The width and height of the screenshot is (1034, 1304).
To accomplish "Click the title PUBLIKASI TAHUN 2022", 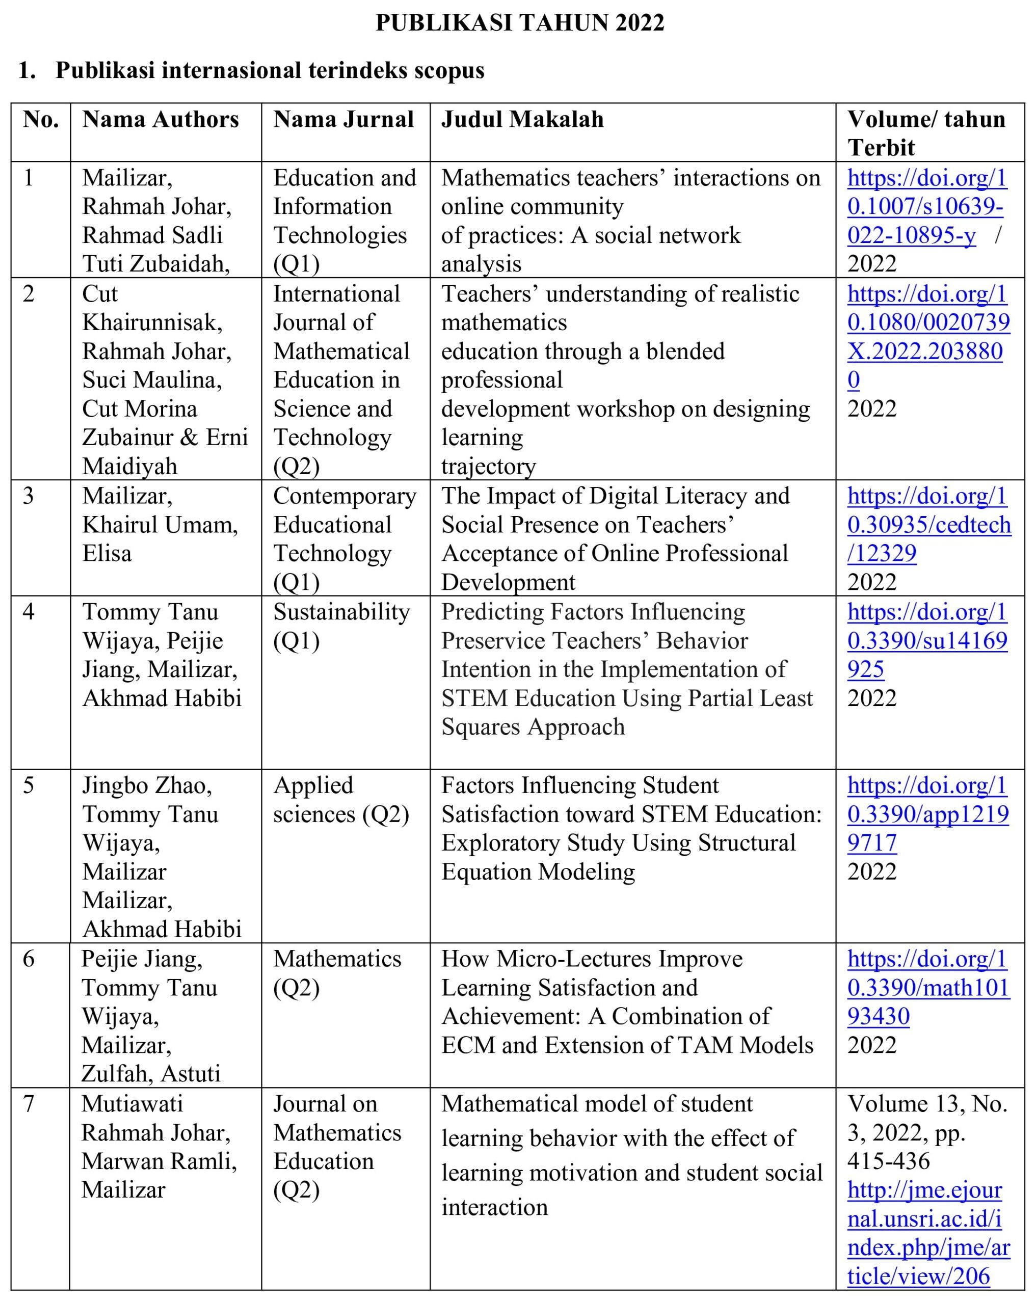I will tap(520, 23).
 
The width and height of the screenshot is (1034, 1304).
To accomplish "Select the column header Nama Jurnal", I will tap(343, 120).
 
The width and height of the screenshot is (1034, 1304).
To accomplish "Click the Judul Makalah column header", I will tap(522, 120).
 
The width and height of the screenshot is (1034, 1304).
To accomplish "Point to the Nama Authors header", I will tap(161, 120).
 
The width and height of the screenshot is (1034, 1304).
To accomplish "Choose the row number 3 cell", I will tap(29, 496).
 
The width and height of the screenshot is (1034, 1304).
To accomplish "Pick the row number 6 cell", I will tap(29, 959).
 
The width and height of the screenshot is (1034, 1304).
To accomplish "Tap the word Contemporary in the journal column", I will tap(344, 496).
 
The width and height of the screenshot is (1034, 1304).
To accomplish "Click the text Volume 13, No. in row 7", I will tap(927, 1104).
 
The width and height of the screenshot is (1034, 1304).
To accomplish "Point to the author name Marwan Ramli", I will tap(158, 1161).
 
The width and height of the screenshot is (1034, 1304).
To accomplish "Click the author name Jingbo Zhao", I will tap(146, 785).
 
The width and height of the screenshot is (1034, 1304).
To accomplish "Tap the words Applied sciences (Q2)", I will tap(340, 800).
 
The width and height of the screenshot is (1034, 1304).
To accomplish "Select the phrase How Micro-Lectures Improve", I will tap(592, 959).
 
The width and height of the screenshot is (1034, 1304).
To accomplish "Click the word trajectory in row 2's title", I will tap(488, 466).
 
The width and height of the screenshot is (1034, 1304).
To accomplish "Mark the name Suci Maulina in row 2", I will tap(151, 380).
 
